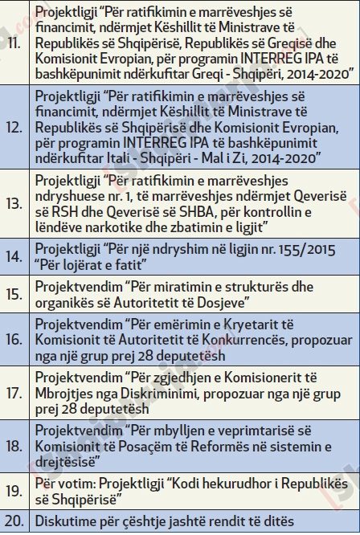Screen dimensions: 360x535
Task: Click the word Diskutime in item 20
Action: point(64,521)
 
